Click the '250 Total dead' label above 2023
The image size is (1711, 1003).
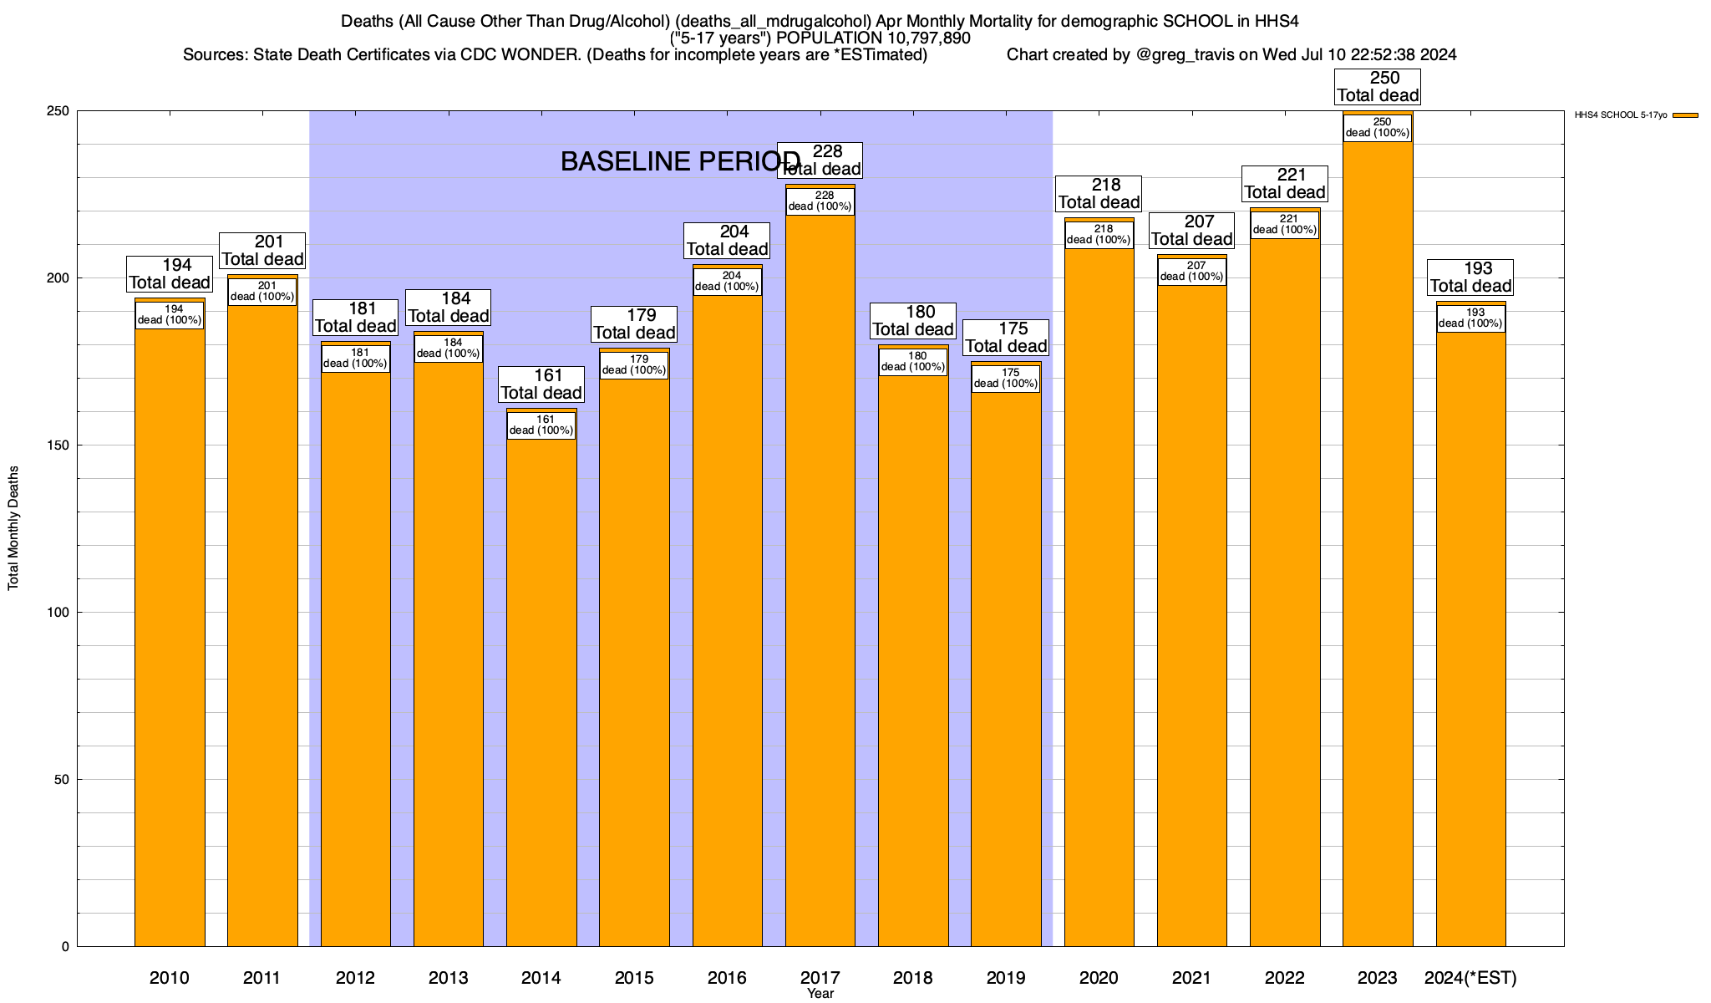[1378, 87]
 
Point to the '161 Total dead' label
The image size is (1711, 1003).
[541, 384]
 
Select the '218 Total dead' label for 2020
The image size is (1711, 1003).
[1099, 194]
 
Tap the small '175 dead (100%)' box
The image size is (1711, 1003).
[1006, 379]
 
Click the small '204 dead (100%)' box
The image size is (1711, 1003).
[727, 282]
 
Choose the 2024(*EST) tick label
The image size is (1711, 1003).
[1470, 978]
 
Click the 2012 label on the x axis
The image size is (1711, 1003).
[355, 978]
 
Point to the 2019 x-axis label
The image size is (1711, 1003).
[1006, 978]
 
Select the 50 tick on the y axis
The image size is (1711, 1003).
[62, 780]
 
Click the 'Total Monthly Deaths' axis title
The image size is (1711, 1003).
[13, 528]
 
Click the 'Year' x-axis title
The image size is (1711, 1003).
[820, 994]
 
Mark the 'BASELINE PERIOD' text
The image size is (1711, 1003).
[679, 162]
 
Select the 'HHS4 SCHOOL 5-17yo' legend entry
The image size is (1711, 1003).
[1621, 115]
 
